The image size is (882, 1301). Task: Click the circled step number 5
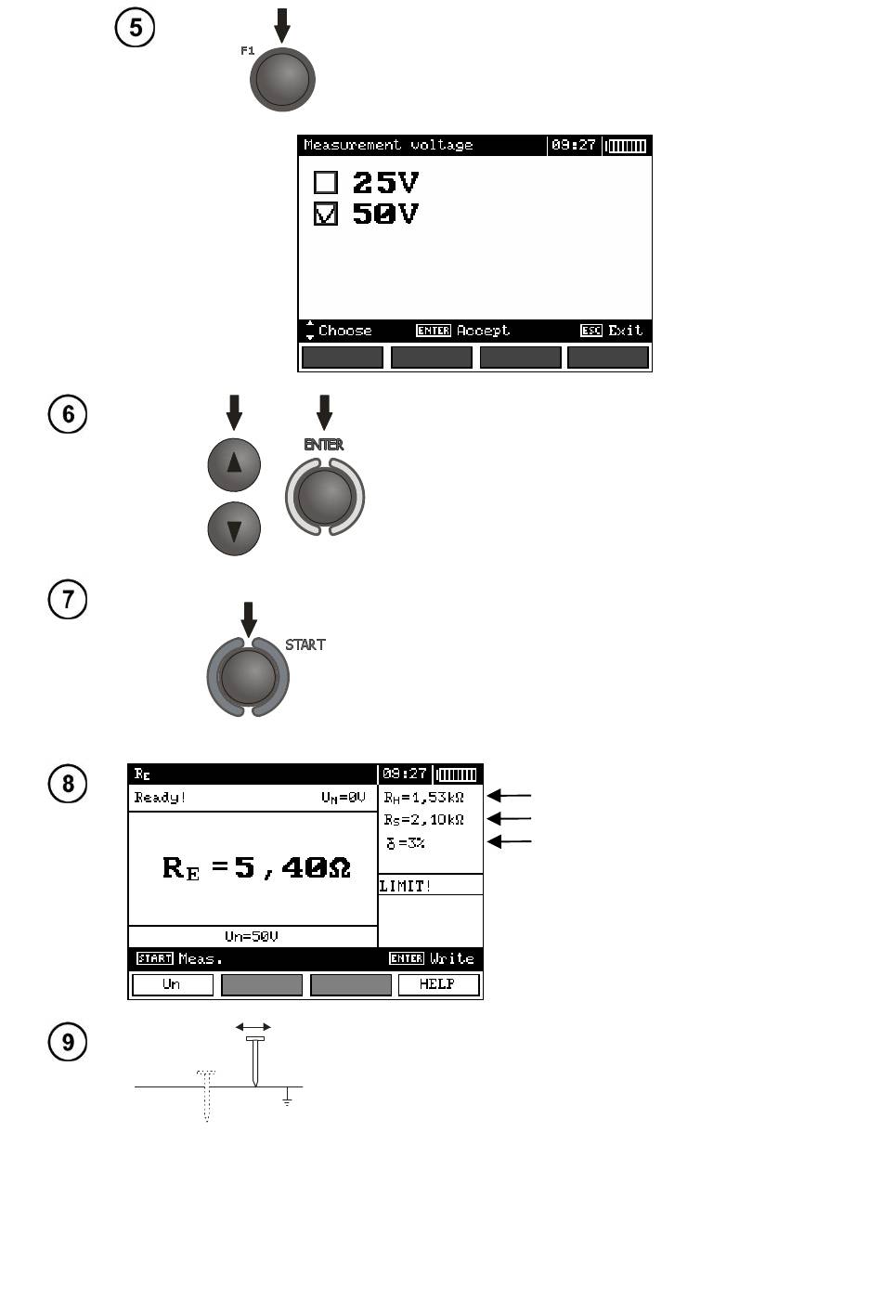tap(135, 27)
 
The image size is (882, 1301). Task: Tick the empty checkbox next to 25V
tap(325, 182)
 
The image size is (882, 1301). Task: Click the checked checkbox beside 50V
tap(325, 214)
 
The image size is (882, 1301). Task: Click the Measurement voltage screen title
tap(388, 145)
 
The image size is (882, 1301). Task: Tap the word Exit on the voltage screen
tap(626, 331)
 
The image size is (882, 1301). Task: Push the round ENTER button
tap(325, 497)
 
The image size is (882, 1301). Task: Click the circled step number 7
tap(68, 599)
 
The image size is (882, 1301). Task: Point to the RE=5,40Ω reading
tap(256, 868)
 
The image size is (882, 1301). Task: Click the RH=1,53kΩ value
tap(423, 797)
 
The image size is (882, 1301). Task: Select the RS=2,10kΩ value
tap(423, 820)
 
